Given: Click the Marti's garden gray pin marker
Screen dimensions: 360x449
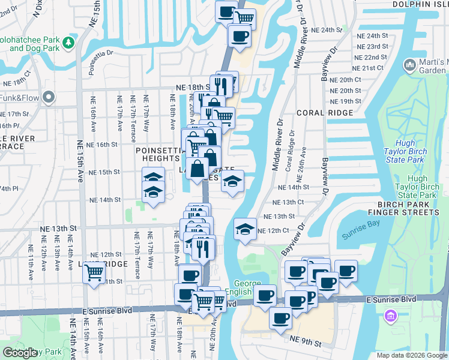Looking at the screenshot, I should [411, 64].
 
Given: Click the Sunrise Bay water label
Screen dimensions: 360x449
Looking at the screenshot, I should [361, 236].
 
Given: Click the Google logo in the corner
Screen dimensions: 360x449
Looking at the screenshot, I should [20, 353].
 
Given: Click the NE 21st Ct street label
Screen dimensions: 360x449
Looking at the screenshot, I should [369, 68].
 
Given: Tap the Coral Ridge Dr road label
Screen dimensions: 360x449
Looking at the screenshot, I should [292, 150].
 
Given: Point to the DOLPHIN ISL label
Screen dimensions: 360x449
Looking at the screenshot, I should [420, 4].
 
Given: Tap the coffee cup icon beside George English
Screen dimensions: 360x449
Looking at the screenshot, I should [265, 296].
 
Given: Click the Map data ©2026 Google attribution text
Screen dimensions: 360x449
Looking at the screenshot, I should [412, 355].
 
